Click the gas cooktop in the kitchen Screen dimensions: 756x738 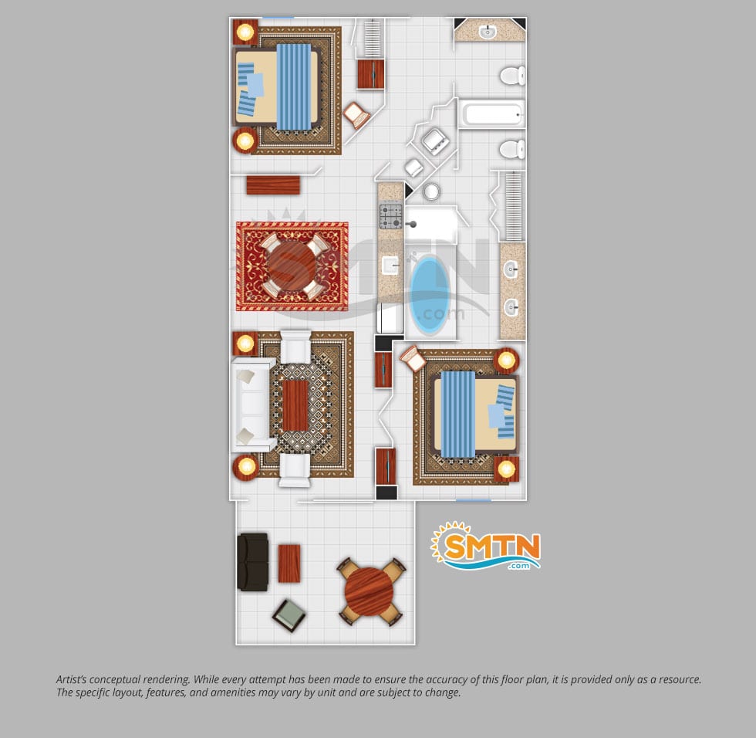391,217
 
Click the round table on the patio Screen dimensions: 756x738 370,591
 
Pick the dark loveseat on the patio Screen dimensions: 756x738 253,562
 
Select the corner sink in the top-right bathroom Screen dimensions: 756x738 488,32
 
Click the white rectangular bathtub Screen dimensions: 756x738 491,114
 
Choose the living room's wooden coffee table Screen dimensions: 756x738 295,405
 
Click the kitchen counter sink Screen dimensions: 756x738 390,266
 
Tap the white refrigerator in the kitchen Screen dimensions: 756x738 390,318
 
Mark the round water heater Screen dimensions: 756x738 431,191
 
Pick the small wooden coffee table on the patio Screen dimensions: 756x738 289,563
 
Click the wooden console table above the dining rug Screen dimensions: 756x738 273,185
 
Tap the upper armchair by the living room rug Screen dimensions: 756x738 295,347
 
